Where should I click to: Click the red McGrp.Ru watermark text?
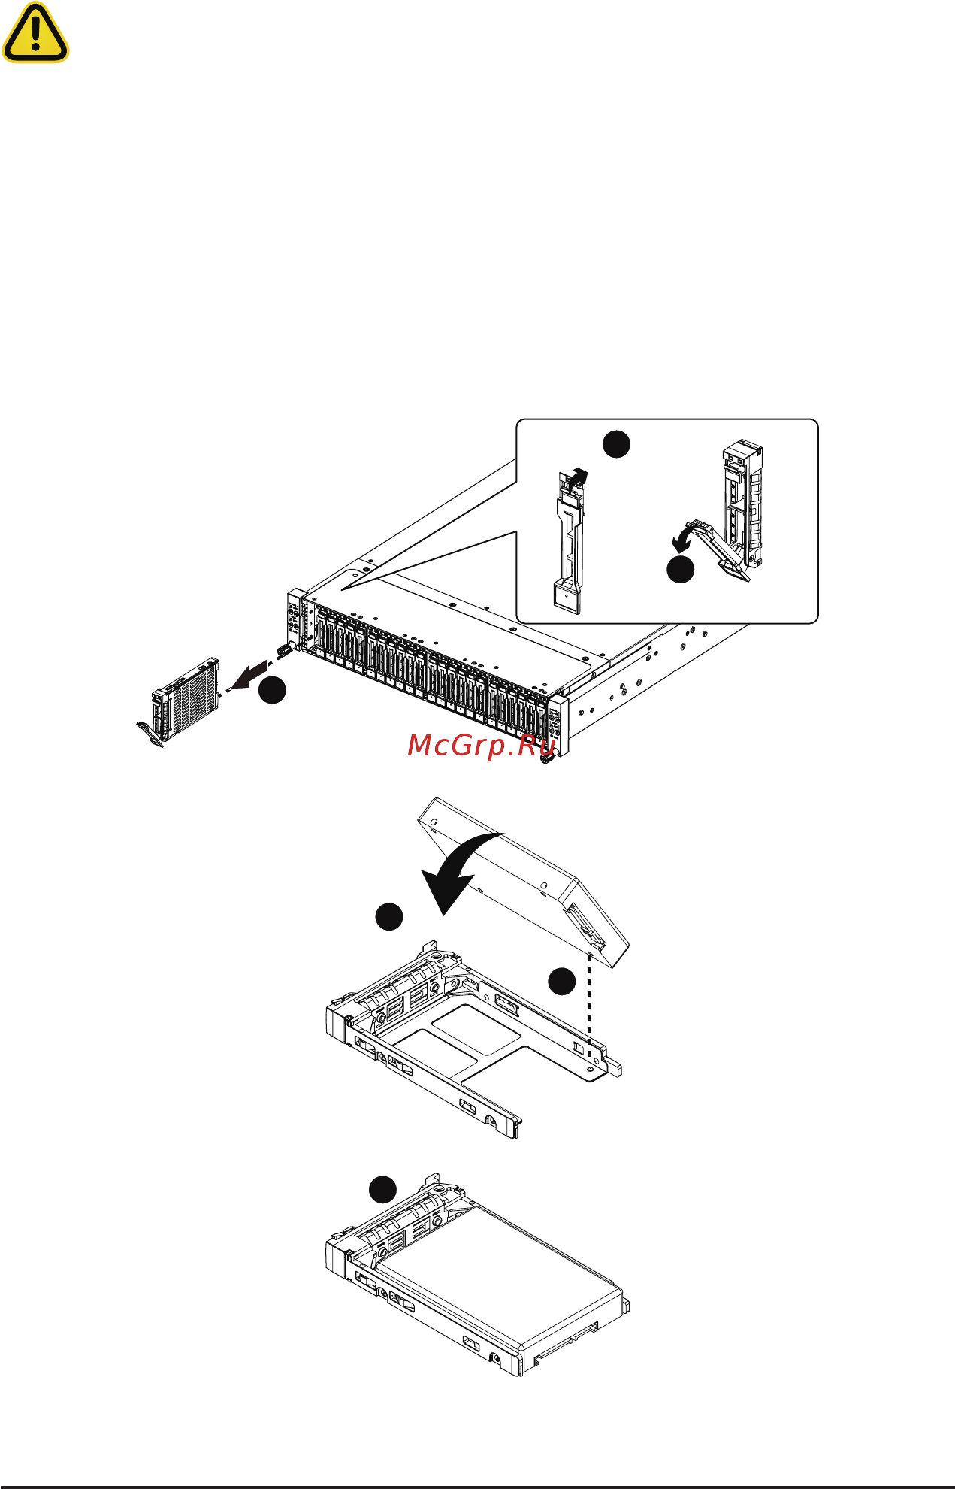click(482, 745)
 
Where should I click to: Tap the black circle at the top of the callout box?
click(616, 443)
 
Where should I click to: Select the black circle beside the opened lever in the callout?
click(681, 569)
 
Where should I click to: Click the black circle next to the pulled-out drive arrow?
click(272, 690)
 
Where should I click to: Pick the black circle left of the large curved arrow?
click(388, 917)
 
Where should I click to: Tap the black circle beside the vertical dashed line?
click(561, 981)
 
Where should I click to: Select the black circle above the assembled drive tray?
click(382, 1190)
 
